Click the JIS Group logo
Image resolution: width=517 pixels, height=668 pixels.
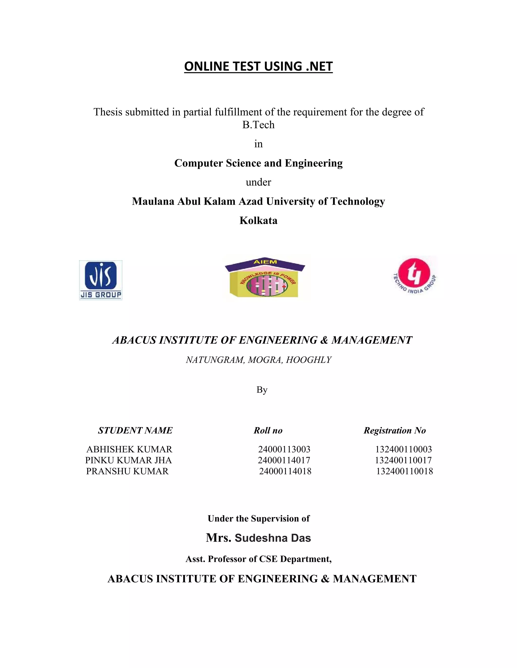click(100, 280)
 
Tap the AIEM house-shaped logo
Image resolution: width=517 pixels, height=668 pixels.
click(265, 278)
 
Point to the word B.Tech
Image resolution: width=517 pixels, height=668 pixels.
click(258, 125)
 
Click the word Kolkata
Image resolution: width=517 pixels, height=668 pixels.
click(258, 221)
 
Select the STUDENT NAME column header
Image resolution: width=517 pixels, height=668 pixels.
click(135, 430)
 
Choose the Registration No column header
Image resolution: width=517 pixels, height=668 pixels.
click(395, 430)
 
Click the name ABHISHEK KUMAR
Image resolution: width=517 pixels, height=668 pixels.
click(129, 449)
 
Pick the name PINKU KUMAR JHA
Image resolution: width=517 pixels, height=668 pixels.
click(128, 460)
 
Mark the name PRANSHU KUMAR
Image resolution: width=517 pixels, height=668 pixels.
click(127, 471)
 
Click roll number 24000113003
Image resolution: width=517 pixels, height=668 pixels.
click(284, 449)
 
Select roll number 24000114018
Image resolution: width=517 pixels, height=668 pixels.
click(285, 471)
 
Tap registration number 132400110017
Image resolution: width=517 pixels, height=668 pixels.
click(403, 460)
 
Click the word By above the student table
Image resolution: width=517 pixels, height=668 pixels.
click(262, 390)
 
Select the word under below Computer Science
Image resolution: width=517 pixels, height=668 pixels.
click(258, 182)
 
